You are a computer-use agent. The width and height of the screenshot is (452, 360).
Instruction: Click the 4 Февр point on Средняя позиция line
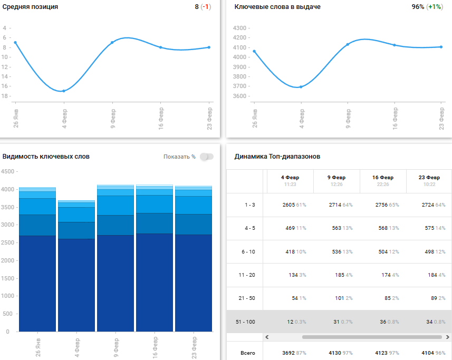click(64, 91)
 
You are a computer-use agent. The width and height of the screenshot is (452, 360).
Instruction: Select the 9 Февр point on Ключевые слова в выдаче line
click(348, 44)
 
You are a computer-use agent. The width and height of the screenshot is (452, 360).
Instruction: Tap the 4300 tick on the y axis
click(241, 28)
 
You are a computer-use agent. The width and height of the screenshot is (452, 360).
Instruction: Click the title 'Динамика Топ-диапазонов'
click(277, 157)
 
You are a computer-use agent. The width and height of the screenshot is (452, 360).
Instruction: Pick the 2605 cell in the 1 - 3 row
click(290, 205)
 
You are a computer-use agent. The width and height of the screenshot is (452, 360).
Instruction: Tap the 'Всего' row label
click(247, 353)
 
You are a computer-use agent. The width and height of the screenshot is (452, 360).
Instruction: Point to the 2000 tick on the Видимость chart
click(8, 260)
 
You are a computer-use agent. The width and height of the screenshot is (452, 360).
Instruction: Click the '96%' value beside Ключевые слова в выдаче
click(418, 7)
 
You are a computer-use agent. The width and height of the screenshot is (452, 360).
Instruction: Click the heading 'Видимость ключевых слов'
click(46, 157)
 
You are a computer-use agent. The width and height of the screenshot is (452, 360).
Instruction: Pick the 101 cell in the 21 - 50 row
click(336, 298)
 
